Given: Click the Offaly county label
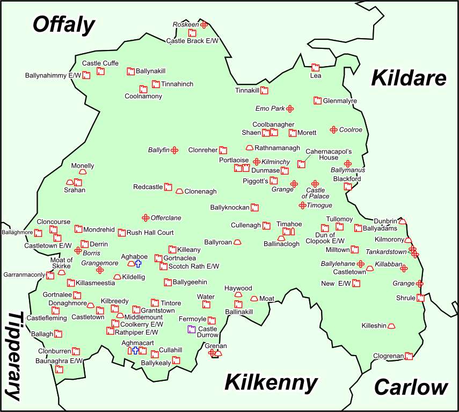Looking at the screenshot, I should [x=63, y=25].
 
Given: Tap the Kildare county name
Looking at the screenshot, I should [x=409, y=78].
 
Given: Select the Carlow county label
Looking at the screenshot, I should [x=411, y=387].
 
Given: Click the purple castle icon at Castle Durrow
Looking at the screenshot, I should [x=191, y=329].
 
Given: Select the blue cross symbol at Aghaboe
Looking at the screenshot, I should [x=138, y=264].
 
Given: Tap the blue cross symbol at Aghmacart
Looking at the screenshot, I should [x=135, y=350].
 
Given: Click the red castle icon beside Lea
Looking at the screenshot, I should [x=316, y=68].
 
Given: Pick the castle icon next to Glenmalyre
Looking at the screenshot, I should [x=317, y=101].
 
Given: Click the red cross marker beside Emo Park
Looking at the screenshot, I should [x=290, y=109].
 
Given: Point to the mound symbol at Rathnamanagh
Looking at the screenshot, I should [x=250, y=148].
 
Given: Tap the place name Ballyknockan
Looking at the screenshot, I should [x=230, y=207].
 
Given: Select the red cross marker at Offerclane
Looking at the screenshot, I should [x=145, y=218].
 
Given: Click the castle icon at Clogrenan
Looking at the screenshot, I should [x=409, y=356].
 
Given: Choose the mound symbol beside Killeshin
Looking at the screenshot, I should [x=391, y=326].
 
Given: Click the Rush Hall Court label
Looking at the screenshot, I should [x=150, y=233].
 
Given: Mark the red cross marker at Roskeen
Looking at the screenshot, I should [x=204, y=25].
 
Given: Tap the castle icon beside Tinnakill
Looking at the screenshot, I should [x=264, y=90].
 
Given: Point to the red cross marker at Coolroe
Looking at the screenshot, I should [x=333, y=129].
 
